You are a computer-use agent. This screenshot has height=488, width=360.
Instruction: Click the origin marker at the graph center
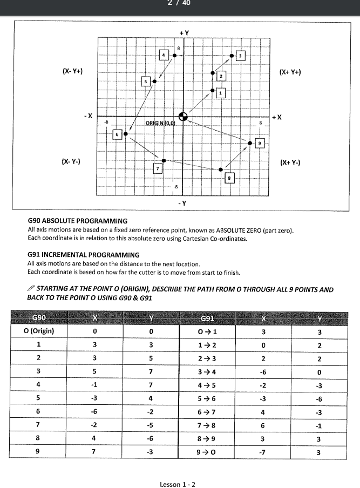tap(183, 116)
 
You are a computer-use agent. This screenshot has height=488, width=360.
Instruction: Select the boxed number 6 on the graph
tap(117, 133)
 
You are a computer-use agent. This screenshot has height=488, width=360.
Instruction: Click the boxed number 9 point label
tap(260, 143)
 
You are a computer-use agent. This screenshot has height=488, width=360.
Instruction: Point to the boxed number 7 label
tap(158, 168)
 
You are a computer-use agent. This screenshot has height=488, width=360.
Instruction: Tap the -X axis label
tap(87, 116)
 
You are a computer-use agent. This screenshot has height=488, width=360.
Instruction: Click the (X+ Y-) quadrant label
tap(290, 161)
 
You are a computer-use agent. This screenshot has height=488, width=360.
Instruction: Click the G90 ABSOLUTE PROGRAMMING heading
tap(77, 221)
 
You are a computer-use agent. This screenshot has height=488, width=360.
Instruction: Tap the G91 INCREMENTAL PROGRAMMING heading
tap(83, 254)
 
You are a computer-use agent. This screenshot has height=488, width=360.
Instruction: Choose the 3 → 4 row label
tap(207, 371)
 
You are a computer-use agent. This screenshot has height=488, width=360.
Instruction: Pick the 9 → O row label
tap(207, 452)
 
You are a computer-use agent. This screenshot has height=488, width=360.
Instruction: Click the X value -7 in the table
tap(263, 452)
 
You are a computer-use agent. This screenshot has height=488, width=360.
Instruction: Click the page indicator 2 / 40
tap(180, 3)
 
